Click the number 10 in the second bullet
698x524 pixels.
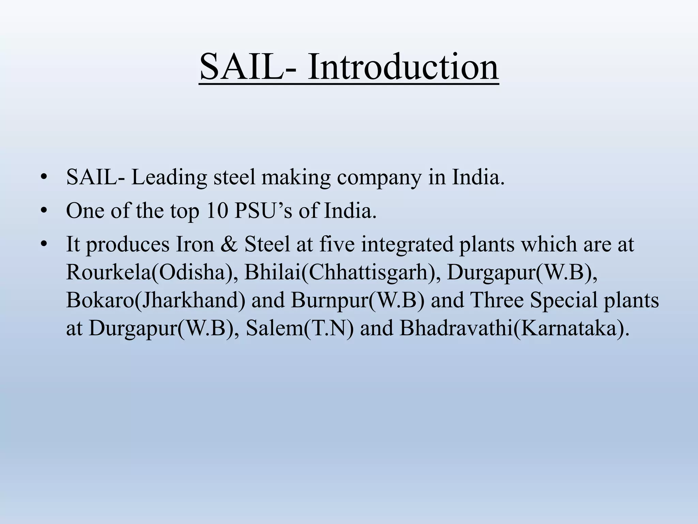(x=217, y=210)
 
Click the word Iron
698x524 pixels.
(x=195, y=244)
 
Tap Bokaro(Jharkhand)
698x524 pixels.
(x=155, y=301)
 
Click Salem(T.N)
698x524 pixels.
(x=300, y=328)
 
